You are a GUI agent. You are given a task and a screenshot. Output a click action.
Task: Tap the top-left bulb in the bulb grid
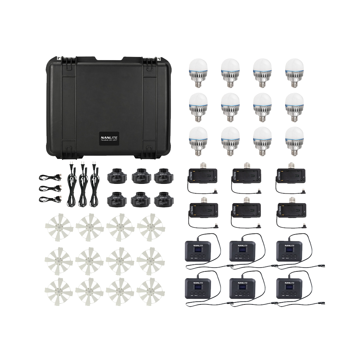pyautogui.click(x=199, y=71)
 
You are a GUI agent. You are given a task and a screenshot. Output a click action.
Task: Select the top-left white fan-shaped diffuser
pyautogui.click(x=58, y=227)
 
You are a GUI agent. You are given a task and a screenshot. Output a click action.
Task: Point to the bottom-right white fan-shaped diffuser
pyautogui.click(x=150, y=291)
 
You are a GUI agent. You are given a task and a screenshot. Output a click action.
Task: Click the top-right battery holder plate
pyautogui.click(x=291, y=175)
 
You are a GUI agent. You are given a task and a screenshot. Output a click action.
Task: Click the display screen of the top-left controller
pyautogui.click(x=198, y=250)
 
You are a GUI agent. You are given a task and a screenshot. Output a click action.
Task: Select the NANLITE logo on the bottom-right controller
pyautogui.click(x=289, y=282)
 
